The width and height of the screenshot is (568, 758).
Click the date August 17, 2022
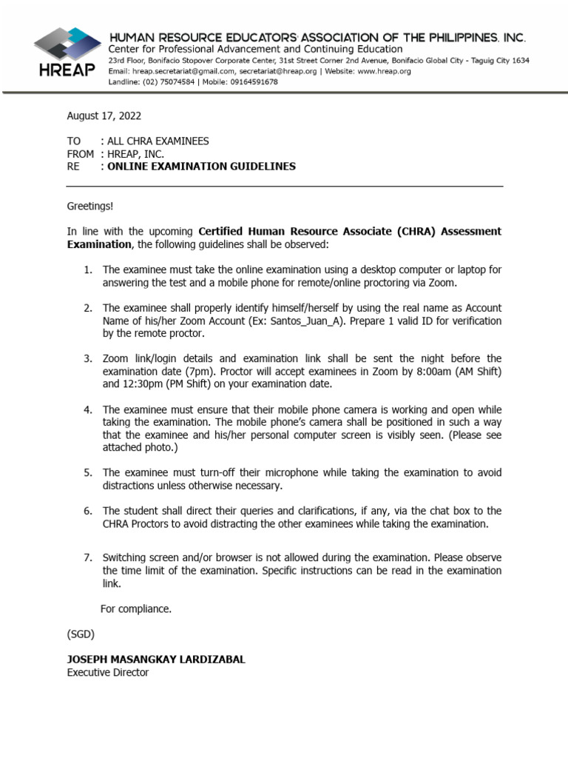click(x=104, y=115)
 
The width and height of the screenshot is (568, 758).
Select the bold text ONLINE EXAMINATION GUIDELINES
click(x=201, y=167)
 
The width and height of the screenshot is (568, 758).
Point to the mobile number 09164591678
click(x=253, y=82)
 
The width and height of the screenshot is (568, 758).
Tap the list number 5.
click(x=87, y=472)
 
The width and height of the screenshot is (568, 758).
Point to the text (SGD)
click(x=81, y=634)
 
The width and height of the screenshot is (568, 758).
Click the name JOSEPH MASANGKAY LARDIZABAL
click(x=156, y=660)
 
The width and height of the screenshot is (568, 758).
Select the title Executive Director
click(x=107, y=673)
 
